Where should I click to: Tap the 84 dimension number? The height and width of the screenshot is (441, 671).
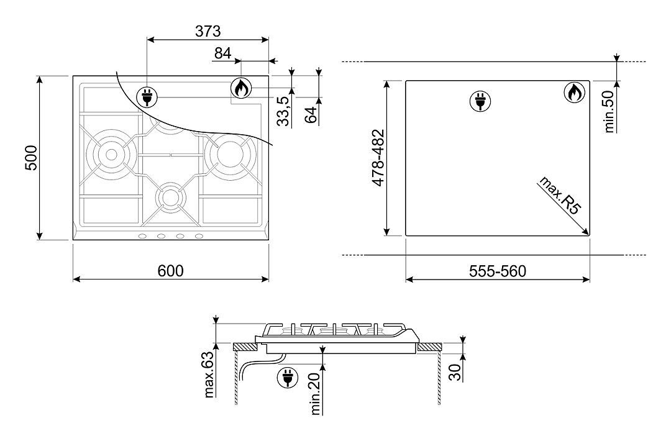click(x=223, y=53)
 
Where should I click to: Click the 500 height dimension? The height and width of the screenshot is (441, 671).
click(x=32, y=158)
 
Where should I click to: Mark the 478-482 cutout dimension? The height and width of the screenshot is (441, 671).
click(x=378, y=158)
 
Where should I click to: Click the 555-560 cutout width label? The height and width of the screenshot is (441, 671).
click(x=498, y=271)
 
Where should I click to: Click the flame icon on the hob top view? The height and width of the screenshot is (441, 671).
click(x=241, y=89)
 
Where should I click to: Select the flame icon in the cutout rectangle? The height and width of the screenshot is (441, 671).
click(x=575, y=93)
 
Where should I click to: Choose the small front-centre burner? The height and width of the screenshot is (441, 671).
click(x=170, y=196)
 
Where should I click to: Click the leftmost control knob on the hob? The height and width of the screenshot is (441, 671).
click(x=142, y=236)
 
